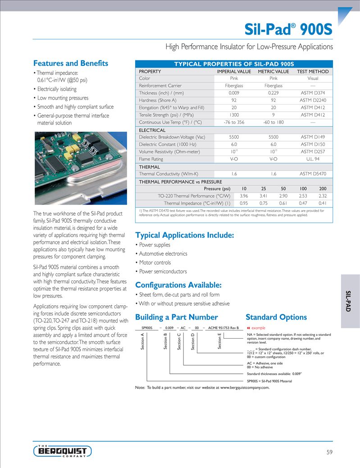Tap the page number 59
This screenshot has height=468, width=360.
click(329, 452)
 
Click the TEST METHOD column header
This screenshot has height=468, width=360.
click(313, 71)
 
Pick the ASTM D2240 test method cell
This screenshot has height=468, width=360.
click(313, 100)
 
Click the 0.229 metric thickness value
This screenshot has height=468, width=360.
click(273, 93)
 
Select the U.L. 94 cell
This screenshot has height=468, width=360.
click(313, 159)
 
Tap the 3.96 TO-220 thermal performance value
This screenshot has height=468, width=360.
click(244, 196)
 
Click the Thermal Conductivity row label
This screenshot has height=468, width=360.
click(168, 174)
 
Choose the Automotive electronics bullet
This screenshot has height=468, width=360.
click(163, 254)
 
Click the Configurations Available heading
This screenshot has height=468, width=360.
click(178, 285)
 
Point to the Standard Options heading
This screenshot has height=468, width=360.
click(276, 317)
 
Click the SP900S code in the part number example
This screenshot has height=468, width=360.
click(147, 328)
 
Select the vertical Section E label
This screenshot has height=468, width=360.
click(219, 341)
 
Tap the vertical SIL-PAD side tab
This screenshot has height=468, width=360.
click(348, 301)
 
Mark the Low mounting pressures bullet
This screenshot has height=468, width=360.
click(63, 98)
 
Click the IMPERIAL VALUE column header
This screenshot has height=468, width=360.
click(234, 71)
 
